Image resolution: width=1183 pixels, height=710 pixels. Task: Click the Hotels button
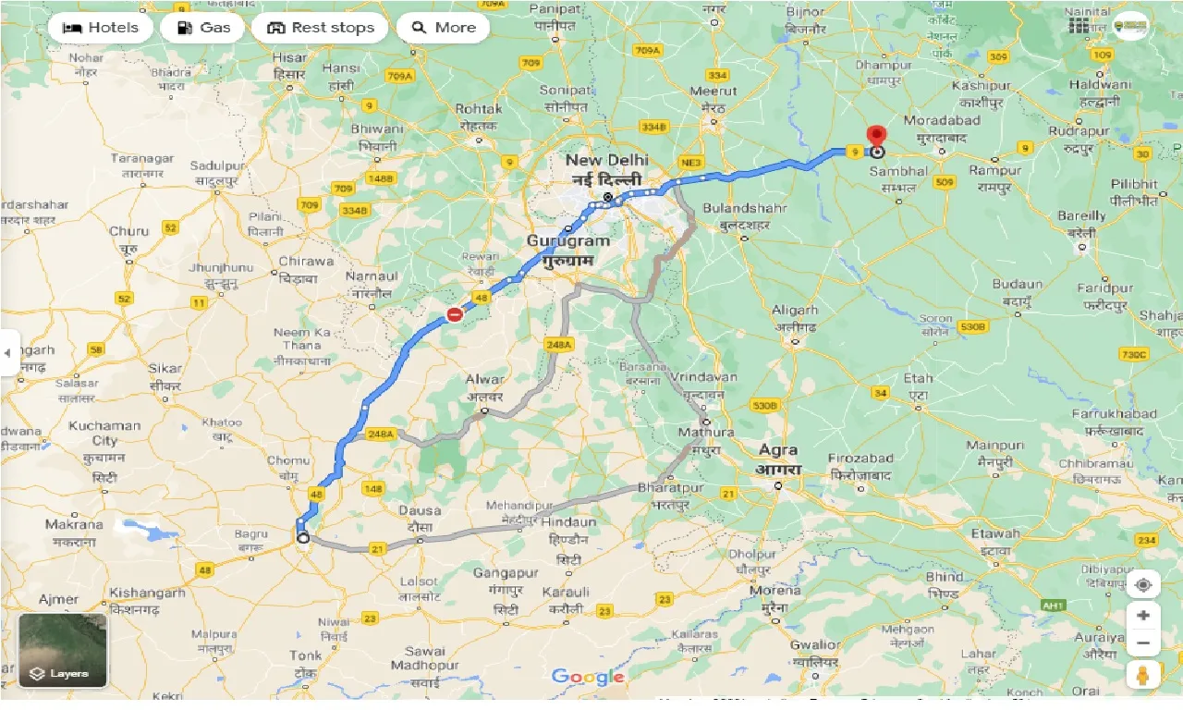click(x=100, y=28)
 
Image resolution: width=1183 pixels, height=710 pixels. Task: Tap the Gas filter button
click(x=202, y=28)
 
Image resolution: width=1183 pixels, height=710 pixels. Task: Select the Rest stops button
click(x=320, y=28)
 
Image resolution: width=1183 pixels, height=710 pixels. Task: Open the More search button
click(x=443, y=28)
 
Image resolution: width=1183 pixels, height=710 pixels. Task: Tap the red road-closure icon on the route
click(x=454, y=314)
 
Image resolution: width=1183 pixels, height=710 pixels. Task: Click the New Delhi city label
click(x=607, y=161)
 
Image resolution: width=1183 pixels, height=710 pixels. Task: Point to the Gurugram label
click(x=568, y=241)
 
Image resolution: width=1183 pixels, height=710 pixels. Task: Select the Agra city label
click(x=777, y=451)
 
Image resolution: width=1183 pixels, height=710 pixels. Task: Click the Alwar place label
click(x=484, y=380)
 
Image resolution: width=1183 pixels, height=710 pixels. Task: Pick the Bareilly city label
click(x=1081, y=216)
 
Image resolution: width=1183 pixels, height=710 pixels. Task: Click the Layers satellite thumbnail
click(x=63, y=651)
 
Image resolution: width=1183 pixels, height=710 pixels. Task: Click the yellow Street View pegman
click(x=1143, y=676)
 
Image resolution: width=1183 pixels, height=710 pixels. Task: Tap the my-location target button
click(x=1143, y=585)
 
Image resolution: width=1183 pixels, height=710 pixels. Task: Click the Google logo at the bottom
click(x=588, y=678)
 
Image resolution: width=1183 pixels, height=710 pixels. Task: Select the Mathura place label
click(x=705, y=433)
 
